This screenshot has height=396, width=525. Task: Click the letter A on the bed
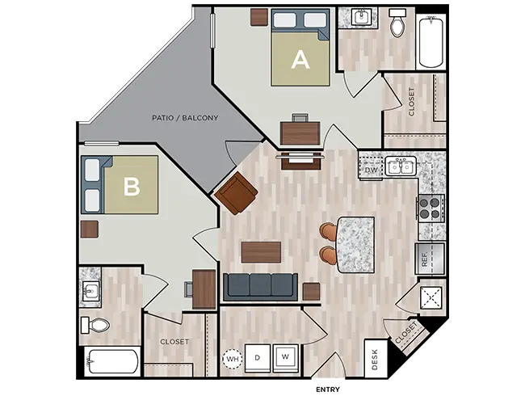[x=300, y=59]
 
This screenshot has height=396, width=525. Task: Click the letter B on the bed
[x=132, y=187]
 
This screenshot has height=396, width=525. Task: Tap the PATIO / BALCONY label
[x=185, y=118]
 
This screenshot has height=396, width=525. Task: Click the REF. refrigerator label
[x=423, y=260]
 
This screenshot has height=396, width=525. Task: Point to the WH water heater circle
[x=233, y=356]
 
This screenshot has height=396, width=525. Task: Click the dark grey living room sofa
[x=260, y=284]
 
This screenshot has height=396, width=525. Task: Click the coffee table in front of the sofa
[x=260, y=252]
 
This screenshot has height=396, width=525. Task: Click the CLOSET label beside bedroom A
[x=412, y=102]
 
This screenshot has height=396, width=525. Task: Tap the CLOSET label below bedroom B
[x=174, y=342]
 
